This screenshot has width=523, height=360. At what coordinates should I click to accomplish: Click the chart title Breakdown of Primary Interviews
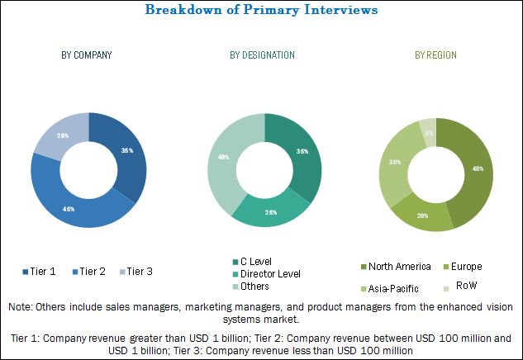click(x=261, y=11)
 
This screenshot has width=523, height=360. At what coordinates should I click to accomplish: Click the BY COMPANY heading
click(x=87, y=55)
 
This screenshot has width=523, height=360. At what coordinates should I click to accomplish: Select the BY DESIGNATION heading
click(x=262, y=55)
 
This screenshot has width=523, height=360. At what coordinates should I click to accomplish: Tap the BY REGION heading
click(x=435, y=55)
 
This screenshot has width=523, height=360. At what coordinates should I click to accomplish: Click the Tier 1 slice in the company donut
click(x=126, y=153)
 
